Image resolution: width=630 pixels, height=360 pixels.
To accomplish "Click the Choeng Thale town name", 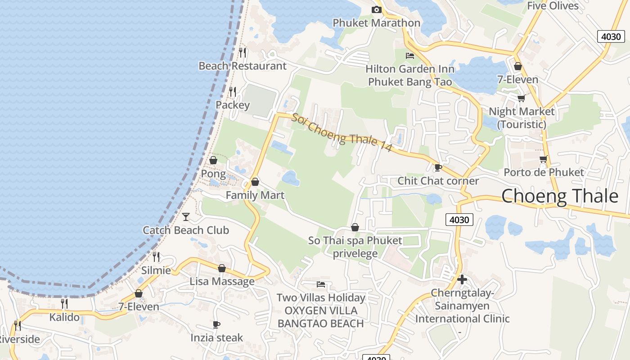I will click(560, 196).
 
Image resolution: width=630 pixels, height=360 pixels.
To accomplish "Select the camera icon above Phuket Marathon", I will click(376, 10).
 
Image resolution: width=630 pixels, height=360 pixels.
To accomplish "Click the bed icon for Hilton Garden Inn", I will click(410, 56).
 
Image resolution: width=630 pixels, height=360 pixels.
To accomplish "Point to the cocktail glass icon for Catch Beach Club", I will click(186, 217).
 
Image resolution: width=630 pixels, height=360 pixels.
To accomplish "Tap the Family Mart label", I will click(255, 195).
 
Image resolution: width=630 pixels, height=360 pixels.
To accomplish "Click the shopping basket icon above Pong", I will click(213, 160).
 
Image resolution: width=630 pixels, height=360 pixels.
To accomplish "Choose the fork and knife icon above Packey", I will click(233, 92).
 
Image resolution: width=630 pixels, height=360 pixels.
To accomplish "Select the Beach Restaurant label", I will click(243, 66).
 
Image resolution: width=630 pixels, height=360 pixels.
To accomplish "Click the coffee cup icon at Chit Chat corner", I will click(438, 168).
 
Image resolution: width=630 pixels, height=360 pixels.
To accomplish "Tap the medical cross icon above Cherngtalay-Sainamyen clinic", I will click(462, 279).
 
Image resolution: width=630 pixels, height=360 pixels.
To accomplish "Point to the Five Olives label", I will click(553, 6).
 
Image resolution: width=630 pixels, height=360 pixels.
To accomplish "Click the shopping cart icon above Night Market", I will click(521, 98).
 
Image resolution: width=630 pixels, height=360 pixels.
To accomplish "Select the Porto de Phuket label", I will click(544, 172).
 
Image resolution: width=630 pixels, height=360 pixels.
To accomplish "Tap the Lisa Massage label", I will click(222, 281).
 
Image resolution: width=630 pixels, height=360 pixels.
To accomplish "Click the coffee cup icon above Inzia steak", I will click(216, 324).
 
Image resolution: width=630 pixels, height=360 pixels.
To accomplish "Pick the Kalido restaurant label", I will click(64, 317).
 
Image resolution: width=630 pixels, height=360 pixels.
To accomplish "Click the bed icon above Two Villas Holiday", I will click(321, 284).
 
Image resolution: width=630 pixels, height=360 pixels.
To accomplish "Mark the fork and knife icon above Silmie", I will click(156, 257).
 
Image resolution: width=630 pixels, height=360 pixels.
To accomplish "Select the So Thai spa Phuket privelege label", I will click(355, 247).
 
